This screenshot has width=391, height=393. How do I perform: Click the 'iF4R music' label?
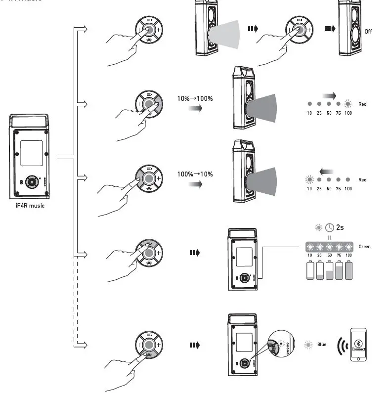click(x=30, y=206)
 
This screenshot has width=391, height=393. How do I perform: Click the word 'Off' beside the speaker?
click(x=368, y=32)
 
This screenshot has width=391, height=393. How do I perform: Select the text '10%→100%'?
click(x=195, y=98)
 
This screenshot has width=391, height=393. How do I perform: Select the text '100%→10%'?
click(x=195, y=175)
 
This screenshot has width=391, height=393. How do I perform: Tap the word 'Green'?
click(x=364, y=247)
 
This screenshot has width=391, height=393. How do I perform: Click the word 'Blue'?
click(x=322, y=345)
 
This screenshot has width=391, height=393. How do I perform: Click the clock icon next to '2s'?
click(x=330, y=228)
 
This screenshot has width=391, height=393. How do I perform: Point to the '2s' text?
click(x=341, y=228)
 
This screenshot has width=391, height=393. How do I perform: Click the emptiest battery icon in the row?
click(x=310, y=270)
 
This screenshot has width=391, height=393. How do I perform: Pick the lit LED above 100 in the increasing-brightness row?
click(x=348, y=104)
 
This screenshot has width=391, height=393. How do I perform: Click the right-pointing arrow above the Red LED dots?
click(x=329, y=95)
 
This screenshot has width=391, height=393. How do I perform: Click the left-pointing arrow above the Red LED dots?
click(x=326, y=171)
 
